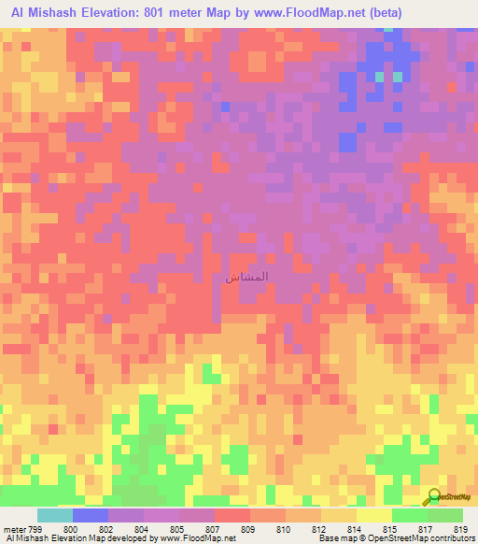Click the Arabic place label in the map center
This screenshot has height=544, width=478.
(248, 278)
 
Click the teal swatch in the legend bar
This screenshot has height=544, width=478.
(55, 515)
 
